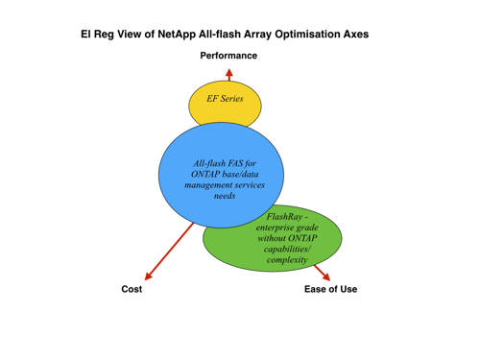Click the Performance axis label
click(x=228, y=56)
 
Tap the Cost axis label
click(x=132, y=289)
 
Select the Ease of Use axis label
click(x=330, y=289)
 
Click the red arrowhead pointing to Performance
click(x=228, y=73)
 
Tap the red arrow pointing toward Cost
click(x=168, y=254)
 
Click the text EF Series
click(x=225, y=98)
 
